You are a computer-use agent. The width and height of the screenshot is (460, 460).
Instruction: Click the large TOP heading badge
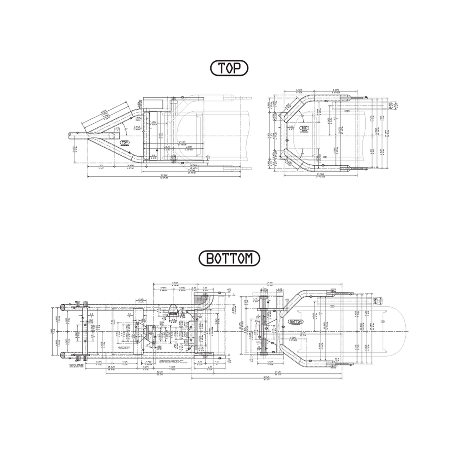(230, 69)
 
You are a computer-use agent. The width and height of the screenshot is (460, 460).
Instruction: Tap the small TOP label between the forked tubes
(125, 142)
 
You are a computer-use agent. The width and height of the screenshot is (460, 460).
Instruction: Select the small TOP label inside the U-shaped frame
(304, 128)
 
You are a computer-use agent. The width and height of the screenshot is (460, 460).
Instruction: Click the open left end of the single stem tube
(69, 135)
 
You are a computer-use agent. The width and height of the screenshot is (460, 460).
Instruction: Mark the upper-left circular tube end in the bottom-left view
(62, 307)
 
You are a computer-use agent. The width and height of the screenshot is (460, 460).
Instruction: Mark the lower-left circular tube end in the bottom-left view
(62, 355)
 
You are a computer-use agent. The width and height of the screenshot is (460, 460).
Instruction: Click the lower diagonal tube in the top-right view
(299, 161)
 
